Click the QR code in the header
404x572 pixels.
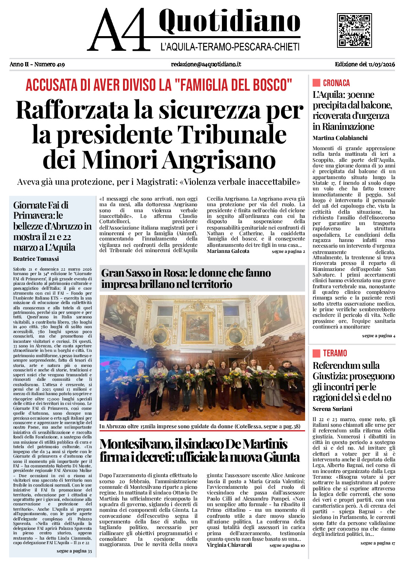coord(354,30)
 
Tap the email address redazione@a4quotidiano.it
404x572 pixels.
coord(206,64)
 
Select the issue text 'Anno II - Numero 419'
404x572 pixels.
coord(37,64)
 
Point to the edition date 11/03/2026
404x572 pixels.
coord(382,64)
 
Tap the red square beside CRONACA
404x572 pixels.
coord(316,83)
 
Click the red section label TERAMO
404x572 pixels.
coord(335,353)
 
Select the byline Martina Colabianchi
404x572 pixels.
coord(340,138)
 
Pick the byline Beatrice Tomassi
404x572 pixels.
coord(36,259)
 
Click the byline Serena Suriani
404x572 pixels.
coord(333,409)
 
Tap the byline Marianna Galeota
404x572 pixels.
coord(228,251)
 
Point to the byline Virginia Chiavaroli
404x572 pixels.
coord(229,545)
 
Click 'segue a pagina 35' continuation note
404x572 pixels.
coord(74,551)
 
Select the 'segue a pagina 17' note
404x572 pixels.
coord(378,543)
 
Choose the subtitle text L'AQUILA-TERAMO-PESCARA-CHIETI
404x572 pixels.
coord(230,47)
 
